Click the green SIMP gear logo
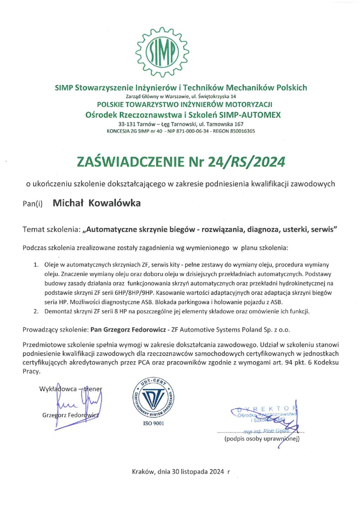pyautogui.click(x=162, y=51)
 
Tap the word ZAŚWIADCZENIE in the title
pyautogui.click(x=130, y=162)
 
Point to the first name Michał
pyautogui.click(x=68, y=203)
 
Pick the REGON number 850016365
pyautogui.click(x=242, y=131)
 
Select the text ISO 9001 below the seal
pyautogui.click(x=153, y=423)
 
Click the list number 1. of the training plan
pyautogui.click(x=36, y=265)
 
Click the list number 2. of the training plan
pyautogui.click(x=36, y=311)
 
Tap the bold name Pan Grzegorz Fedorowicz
pyautogui.click(x=128, y=330)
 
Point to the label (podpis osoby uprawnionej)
pyautogui.click(x=262, y=439)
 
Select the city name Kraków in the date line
pyautogui.click(x=143, y=472)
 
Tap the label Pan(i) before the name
pyautogui.click(x=32, y=204)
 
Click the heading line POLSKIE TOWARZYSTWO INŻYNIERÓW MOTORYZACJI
pyautogui.click(x=185, y=104)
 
